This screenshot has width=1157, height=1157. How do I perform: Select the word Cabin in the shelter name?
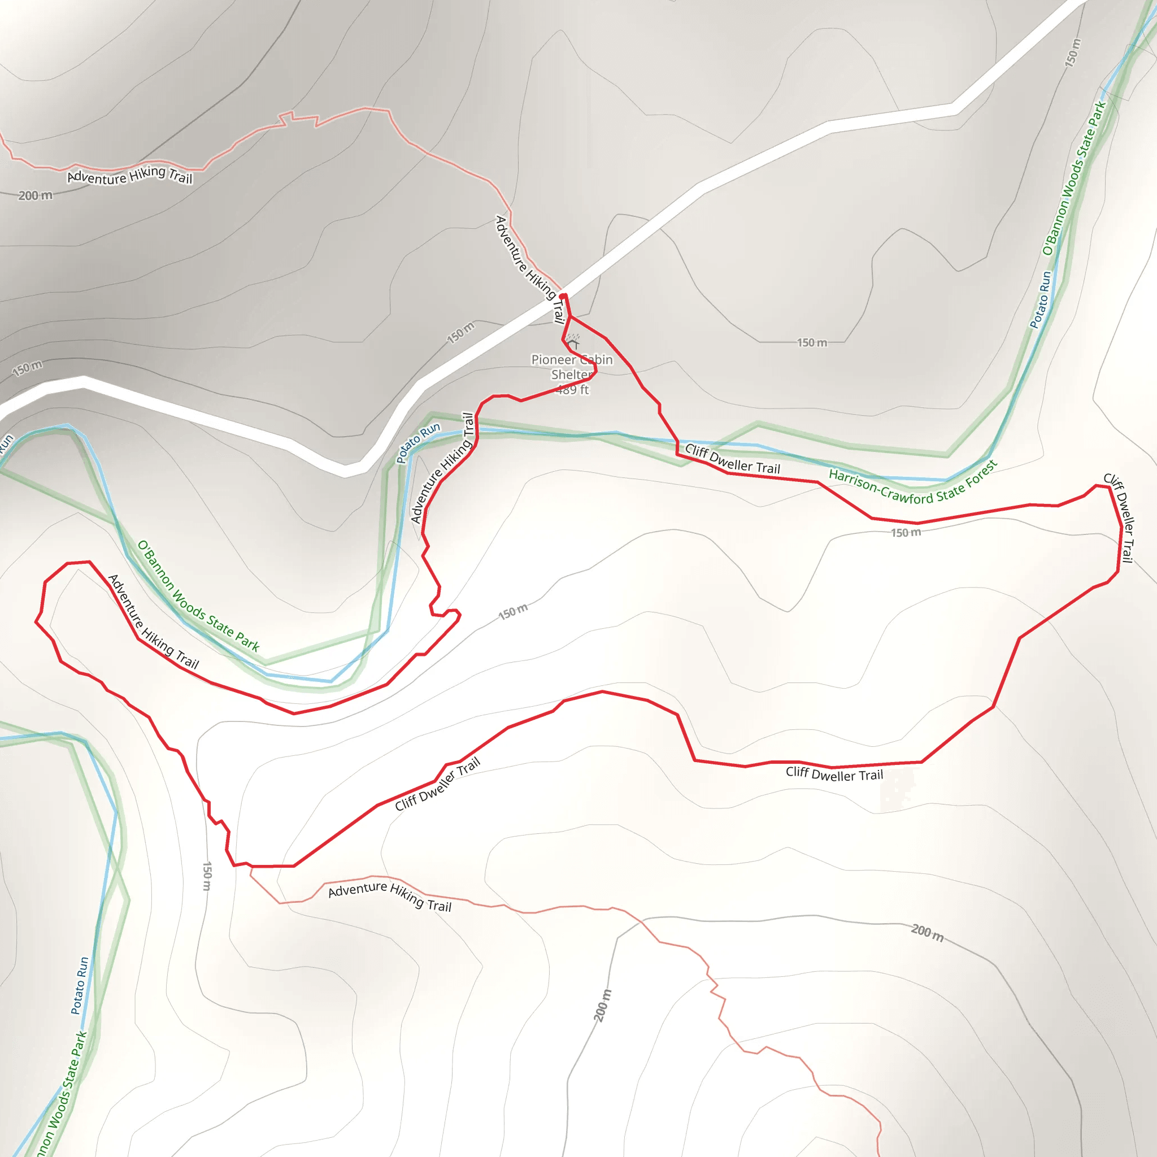(597, 359)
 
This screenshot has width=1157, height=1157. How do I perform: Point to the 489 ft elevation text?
(573, 390)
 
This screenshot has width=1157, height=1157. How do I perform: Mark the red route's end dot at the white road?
(563, 296)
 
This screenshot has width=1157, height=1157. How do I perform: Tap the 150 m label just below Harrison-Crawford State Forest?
(906, 532)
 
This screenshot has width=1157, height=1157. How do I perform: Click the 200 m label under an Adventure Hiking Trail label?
(36, 195)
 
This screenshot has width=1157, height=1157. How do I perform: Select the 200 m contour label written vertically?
(602, 1006)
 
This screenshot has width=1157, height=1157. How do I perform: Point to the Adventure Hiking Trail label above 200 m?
(129, 176)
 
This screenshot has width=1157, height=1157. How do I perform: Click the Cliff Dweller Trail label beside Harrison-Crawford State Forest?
(732, 459)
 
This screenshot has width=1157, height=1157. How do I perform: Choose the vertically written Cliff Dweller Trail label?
(1119, 518)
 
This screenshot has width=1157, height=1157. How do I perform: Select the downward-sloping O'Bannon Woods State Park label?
(198, 595)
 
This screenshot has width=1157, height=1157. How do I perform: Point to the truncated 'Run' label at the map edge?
(6, 443)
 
